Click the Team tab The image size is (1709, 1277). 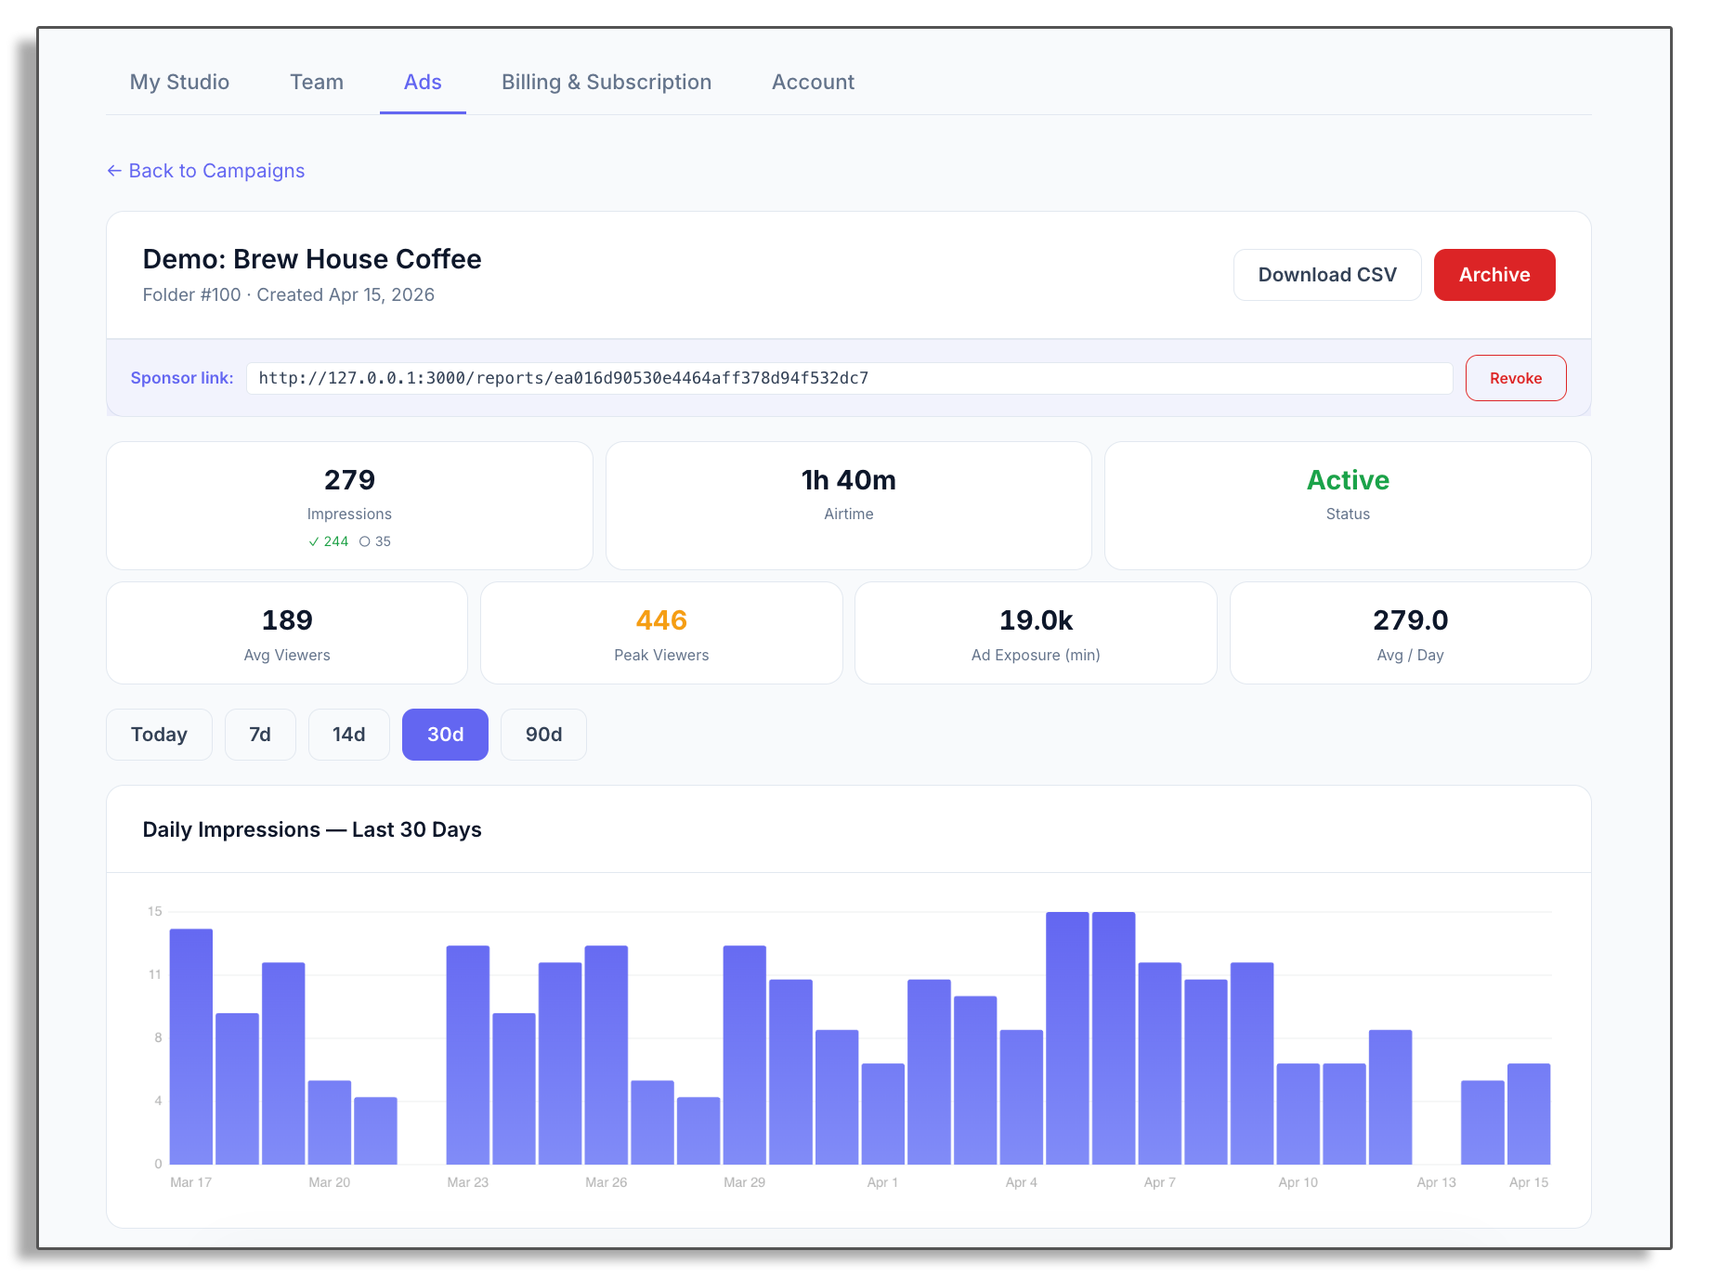coord(317,82)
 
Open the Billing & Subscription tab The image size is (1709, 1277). coord(607,82)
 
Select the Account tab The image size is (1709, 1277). coord(813,82)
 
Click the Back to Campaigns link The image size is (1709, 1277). coord(206,171)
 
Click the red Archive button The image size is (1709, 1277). coord(1494,275)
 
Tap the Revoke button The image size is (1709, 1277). coord(1515,378)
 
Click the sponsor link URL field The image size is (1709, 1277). coord(848,378)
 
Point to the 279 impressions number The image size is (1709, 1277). coord(349,480)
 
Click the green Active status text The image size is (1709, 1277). coord(1347,480)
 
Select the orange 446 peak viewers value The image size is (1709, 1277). coord(661,620)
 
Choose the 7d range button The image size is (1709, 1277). coord(260,735)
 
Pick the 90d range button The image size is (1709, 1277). coord(543,735)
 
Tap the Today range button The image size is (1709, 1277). coord(159,735)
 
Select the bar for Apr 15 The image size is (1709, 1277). coord(1528,1114)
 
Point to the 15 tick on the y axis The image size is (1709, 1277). coord(154,911)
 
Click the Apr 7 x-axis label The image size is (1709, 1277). coord(1159,1182)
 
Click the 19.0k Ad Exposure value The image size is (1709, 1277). coord(1036,620)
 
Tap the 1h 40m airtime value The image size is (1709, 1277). coord(848,480)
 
